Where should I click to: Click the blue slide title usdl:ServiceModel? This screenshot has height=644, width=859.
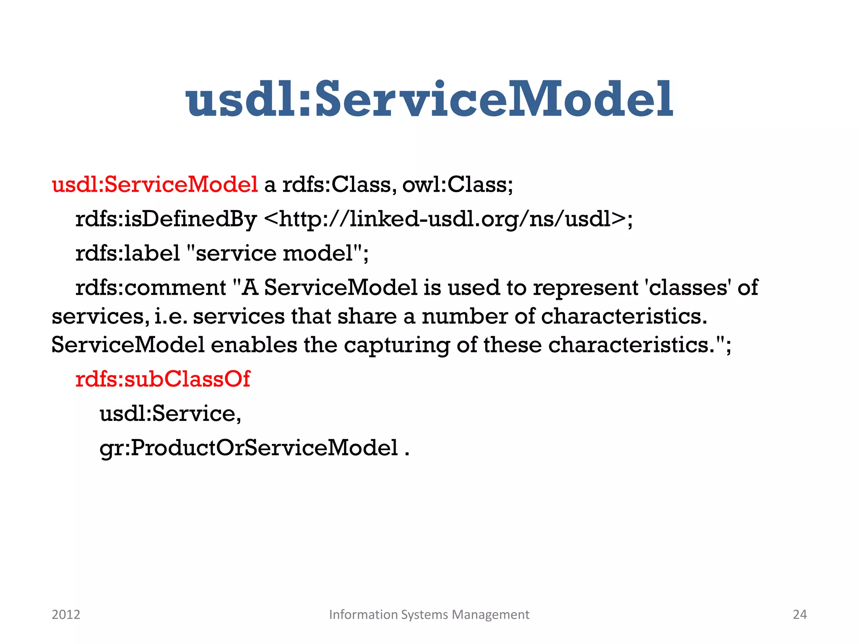click(x=429, y=99)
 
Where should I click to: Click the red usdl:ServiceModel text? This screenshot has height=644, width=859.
click(x=154, y=184)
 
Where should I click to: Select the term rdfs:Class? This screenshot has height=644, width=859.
click(x=337, y=184)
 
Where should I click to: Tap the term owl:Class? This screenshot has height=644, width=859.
click(x=457, y=184)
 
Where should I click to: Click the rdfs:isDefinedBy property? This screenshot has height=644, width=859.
click(x=166, y=219)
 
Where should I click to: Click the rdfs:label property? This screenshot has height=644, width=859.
click(x=128, y=253)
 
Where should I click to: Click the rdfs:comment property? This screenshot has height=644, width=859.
click(x=151, y=288)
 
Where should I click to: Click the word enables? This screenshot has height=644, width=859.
click(x=254, y=345)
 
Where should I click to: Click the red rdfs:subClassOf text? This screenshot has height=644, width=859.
click(x=163, y=379)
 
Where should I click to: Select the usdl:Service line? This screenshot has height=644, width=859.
click(x=170, y=413)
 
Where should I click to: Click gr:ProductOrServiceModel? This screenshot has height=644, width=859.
click(x=249, y=448)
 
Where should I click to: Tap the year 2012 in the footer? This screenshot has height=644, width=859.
click(x=66, y=614)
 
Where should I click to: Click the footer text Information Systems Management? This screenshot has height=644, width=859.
click(x=429, y=614)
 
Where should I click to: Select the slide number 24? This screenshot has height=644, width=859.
click(x=799, y=614)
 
